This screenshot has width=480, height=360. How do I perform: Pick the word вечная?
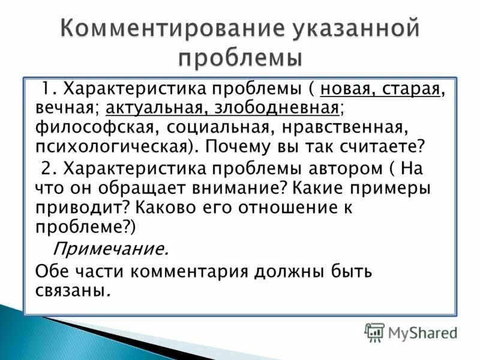coord(66,109)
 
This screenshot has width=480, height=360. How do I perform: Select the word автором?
coord(340,169)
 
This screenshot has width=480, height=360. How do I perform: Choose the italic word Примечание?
coord(111,248)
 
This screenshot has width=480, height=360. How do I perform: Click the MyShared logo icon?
coord(375,331)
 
